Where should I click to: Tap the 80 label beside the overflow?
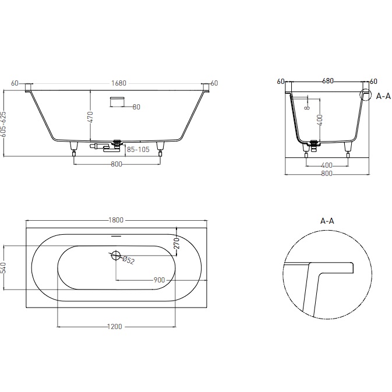(x=136, y=107)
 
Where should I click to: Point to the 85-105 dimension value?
(x=137, y=149)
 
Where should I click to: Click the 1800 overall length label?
(x=116, y=220)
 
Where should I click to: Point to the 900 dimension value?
(x=158, y=280)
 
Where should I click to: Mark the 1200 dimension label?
(x=115, y=326)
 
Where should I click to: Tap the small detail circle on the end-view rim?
(x=366, y=94)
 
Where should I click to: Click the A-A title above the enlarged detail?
(x=327, y=221)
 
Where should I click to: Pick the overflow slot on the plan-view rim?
(x=116, y=237)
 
